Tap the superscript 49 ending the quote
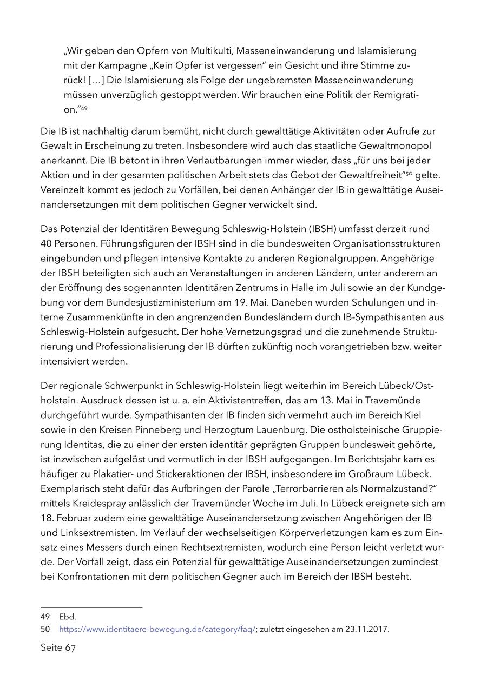click(x=84, y=109)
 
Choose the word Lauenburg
click(x=285, y=430)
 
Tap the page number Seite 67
click(x=58, y=648)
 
